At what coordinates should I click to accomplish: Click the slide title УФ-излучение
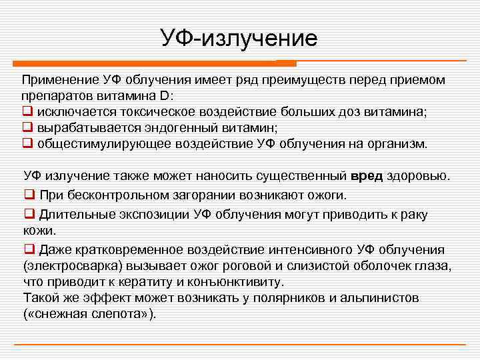click(239, 37)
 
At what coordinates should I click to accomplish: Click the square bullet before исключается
click(27, 111)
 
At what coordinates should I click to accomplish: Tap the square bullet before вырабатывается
click(27, 127)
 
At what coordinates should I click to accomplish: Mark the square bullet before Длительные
click(29, 215)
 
